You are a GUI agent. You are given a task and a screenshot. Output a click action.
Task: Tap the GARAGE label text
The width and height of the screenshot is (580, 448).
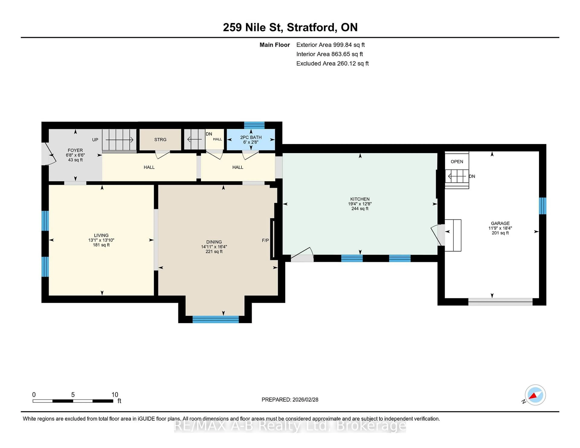(x=500, y=223)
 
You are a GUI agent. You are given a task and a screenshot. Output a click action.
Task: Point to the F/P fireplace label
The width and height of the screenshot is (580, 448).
(x=265, y=240)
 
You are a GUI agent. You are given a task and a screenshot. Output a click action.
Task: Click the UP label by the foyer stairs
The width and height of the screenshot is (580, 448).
(x=95, y=140)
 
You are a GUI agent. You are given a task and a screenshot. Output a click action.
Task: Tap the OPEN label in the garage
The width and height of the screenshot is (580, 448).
(x=457, y=162)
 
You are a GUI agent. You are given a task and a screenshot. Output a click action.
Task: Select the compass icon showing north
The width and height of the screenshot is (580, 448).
(x=535, y=395)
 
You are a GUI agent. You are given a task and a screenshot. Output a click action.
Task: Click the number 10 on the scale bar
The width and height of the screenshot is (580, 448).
(x=115, y=395)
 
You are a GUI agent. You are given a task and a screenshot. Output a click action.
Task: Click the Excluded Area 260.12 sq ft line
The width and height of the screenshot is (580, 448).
(x=332, y=63)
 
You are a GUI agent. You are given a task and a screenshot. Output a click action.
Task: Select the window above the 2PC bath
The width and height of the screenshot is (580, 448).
(x=254, y=125)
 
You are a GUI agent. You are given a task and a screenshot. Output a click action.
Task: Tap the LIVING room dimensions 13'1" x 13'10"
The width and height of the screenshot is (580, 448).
(x=101, y=240)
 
